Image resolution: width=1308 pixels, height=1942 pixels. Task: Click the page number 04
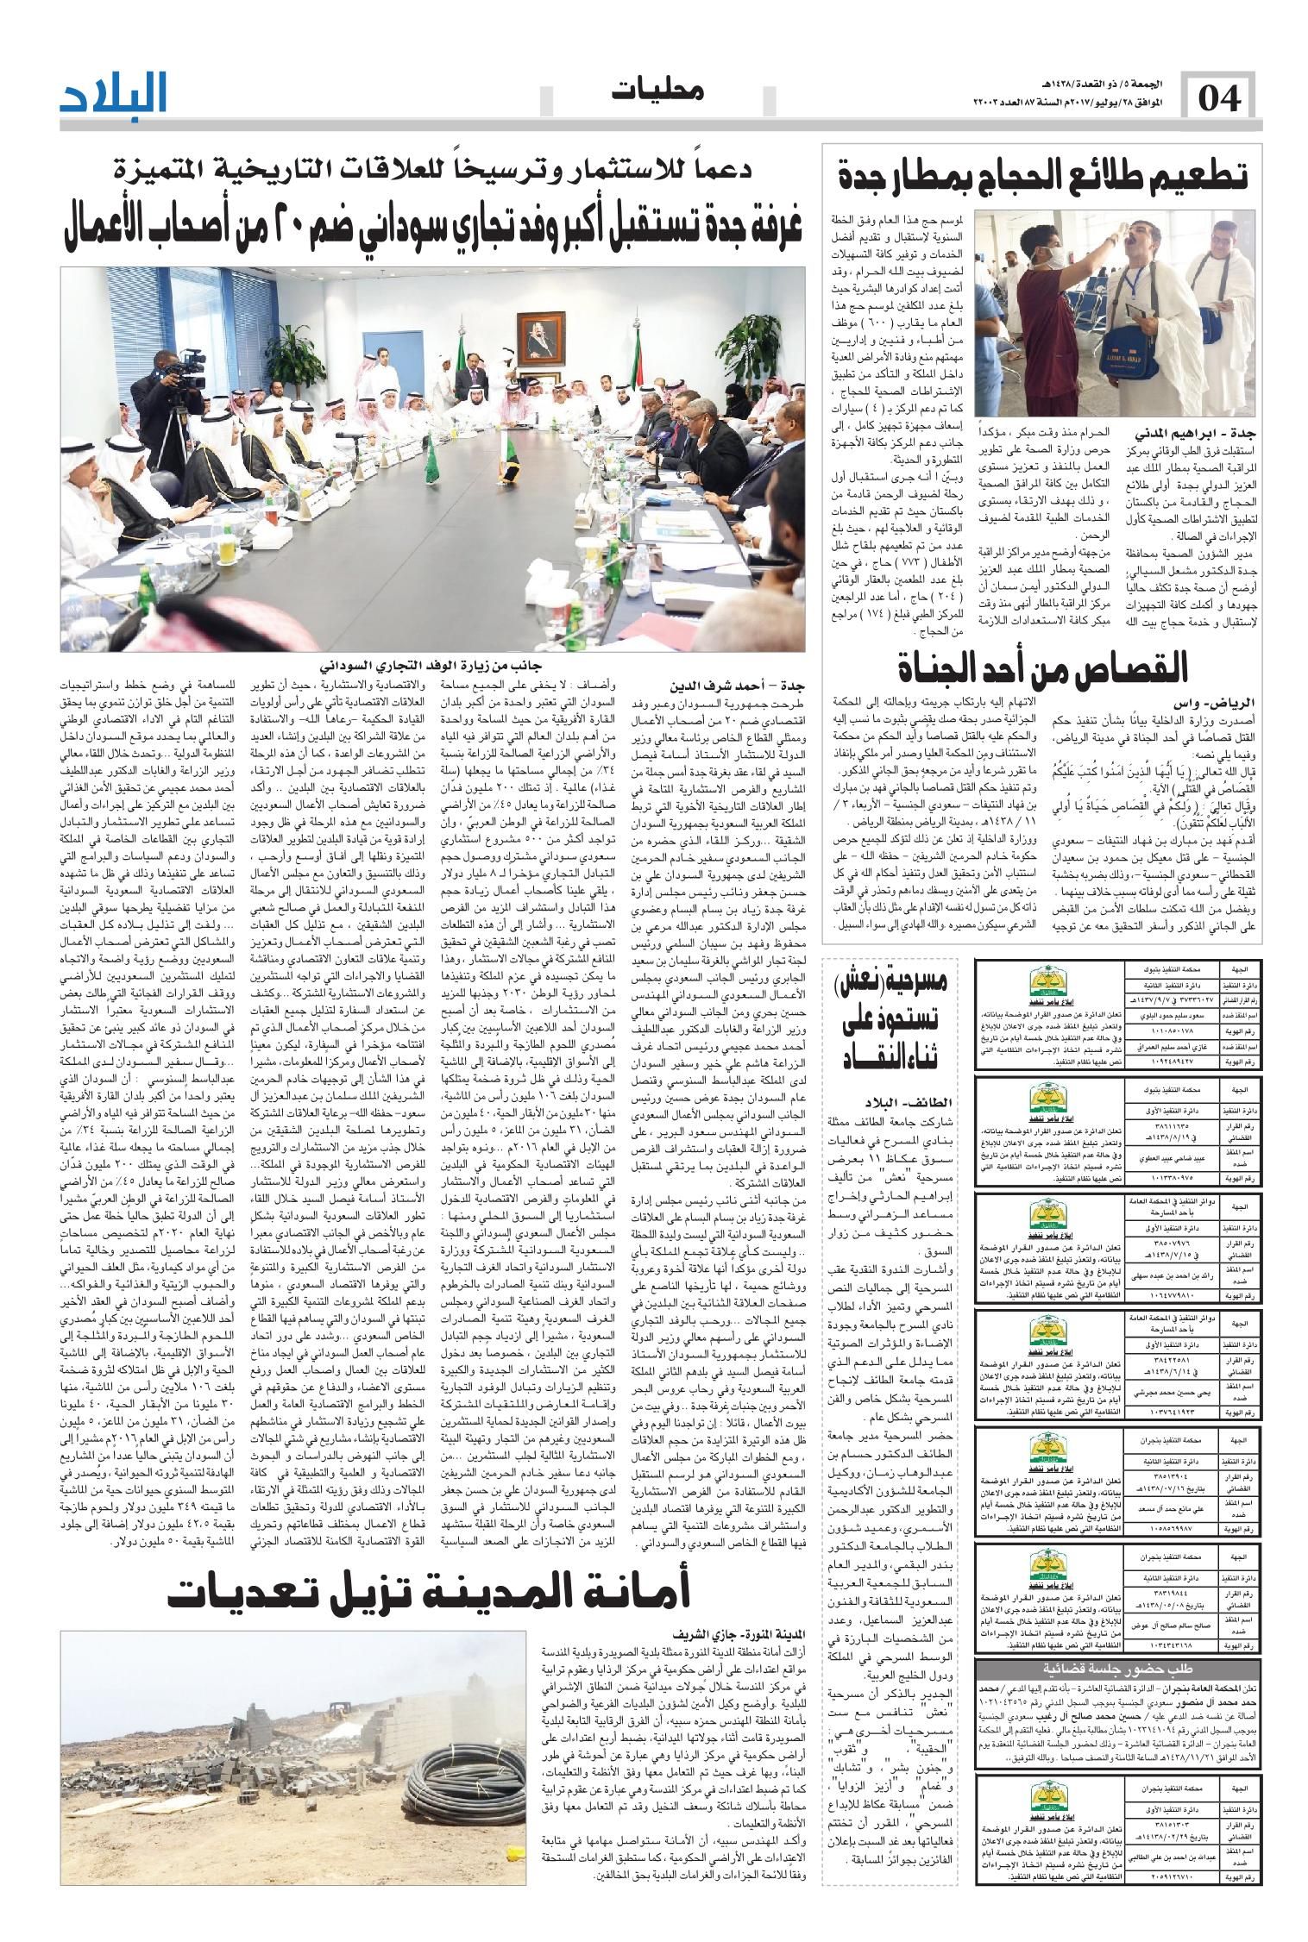click(1219, 100)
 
